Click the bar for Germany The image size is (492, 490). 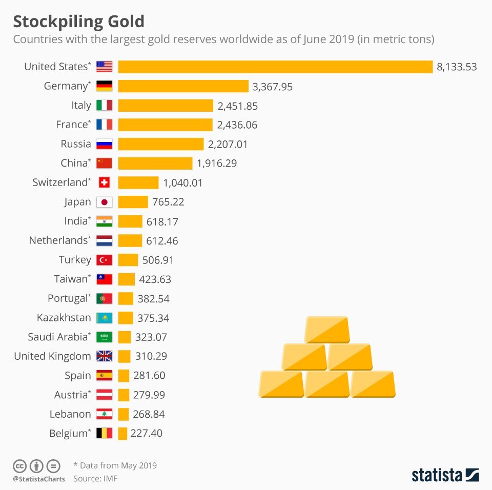click(x=183, y=86)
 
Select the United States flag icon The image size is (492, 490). click(x=104, y=67)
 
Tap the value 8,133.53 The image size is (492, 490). click(x=457, y=67)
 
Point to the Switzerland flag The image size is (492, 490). click(x=104, y=182)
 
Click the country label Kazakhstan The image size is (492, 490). click(x=64, y=318)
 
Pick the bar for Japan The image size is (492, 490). click(x=133, y=202)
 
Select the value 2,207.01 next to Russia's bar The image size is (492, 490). click(x=228, y=144)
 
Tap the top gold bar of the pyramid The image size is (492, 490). click(x=327, y=330)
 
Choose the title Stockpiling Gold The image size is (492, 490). click(x=78, y=22)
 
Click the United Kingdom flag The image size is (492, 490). click(x=104, y=356)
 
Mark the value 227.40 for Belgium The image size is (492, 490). click(x=147, y=433)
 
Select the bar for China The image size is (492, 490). click(x=155, y=164)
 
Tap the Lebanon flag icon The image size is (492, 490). click(x=104, y=414)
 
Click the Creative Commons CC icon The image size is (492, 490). click(x=19, y=466)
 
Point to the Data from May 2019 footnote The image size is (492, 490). click(x=115, y=465)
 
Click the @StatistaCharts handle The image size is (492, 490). click(x=38, y=479)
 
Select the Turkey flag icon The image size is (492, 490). click(x=104, y=260)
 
